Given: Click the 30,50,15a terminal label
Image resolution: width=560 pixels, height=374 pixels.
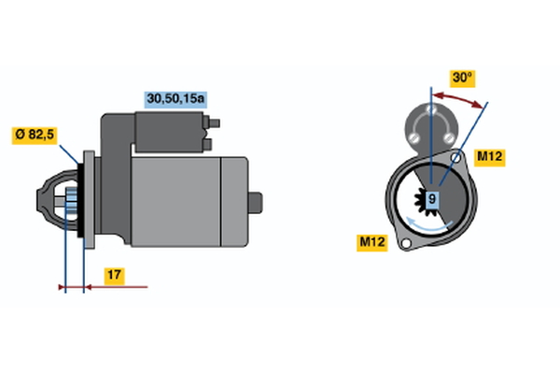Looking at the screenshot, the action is coord(175,99).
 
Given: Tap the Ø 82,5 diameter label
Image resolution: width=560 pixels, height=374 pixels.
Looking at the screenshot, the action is coord(35,135).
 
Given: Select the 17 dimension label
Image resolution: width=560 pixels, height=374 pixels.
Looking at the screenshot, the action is coord(114,276).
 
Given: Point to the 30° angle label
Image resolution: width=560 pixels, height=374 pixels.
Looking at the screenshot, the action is coord(462,78).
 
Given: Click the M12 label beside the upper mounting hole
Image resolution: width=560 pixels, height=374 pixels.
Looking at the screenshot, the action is coord(489,157).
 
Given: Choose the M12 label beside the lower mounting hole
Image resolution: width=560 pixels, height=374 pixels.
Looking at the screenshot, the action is coord(372,242).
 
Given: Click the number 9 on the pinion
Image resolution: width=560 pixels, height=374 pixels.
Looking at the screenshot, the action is coord(432,198).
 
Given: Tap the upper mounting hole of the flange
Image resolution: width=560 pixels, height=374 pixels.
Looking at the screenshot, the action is coord(455,157).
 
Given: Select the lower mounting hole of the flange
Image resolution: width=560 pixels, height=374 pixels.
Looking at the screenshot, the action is coord(406,244).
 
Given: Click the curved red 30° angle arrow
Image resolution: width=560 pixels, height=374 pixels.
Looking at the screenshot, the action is coord(459,98).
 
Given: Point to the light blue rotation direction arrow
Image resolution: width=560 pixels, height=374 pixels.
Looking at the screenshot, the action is coord(428,224).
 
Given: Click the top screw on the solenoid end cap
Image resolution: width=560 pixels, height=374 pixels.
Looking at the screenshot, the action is coord(431,108).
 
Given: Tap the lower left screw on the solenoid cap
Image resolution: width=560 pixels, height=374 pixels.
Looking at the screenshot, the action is coord(413,137).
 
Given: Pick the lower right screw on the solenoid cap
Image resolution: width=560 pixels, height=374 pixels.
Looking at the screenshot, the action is coord(449,137).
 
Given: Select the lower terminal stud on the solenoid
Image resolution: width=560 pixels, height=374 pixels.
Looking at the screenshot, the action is coord(208,144).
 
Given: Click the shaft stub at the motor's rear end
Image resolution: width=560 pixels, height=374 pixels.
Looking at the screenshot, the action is coord(256,203).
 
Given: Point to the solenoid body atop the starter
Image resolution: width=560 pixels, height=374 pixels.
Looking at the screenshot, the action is coord(170,132).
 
